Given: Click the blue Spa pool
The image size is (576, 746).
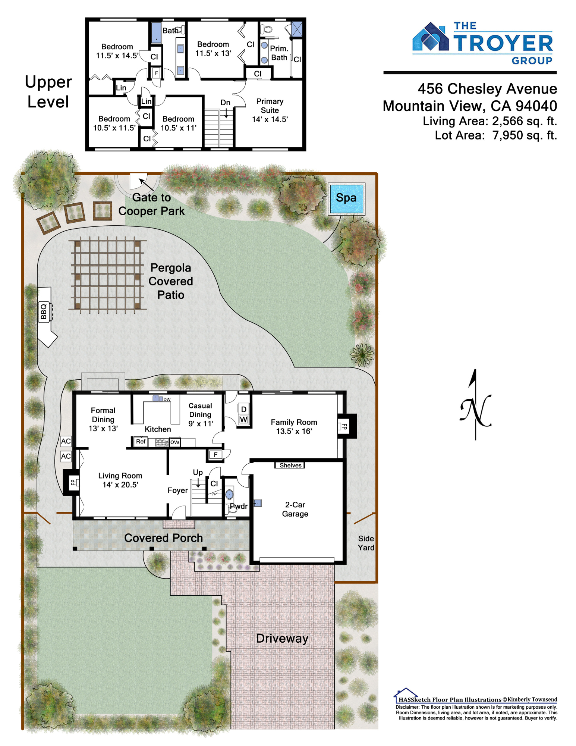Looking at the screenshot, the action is coord(346,198).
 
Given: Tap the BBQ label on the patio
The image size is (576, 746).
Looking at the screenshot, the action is coord(44,311).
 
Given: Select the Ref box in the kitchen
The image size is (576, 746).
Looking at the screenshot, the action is coord(141,442).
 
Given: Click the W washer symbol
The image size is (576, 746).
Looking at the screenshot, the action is coord(243,420).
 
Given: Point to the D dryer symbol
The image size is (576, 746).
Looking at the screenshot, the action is coord(243,409).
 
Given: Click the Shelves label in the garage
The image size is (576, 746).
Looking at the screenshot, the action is coord(290,465).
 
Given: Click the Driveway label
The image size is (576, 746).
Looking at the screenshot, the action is coord(282,638).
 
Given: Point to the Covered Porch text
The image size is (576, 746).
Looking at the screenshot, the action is coord(164,538).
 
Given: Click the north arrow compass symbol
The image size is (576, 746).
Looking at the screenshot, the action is coord(475,405).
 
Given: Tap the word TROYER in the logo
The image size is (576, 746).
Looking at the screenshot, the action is coord(503,43).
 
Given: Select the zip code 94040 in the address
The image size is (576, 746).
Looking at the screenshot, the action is coord(536,106).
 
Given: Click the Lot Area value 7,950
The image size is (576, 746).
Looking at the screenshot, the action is coord(507,135).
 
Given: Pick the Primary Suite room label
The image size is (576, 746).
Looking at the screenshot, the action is coord(270,106).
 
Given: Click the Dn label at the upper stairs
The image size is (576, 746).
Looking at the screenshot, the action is coord(225,103).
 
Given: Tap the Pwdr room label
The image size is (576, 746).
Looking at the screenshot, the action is coord(239,506).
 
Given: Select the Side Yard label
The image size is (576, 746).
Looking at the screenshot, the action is coord(366,543).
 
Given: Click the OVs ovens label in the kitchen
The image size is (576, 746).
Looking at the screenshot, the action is coord(175,442).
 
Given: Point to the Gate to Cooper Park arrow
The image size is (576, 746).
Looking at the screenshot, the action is coord(146,185).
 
